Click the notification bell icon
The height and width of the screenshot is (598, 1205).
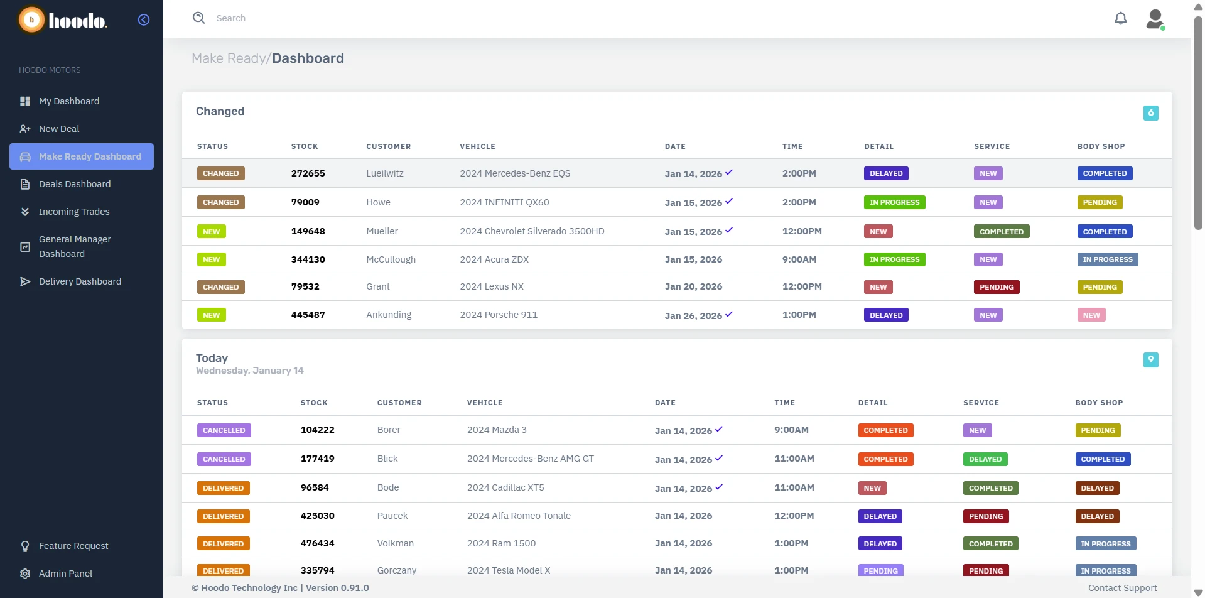(1120, 18)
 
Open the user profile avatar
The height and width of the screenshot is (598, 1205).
(1155, 19)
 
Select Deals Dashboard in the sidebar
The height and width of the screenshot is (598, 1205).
(74, 184)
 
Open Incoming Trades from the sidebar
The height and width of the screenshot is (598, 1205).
(73, 212)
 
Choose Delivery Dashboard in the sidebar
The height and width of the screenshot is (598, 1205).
(80, 281)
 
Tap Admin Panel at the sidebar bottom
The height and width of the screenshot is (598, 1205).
(65, 574)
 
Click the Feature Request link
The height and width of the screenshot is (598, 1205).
(73, 546)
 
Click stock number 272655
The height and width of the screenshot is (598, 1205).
(308, 173)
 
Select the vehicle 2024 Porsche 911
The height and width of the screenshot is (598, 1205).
(498, 315)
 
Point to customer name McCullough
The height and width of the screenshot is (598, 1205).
(391, 259)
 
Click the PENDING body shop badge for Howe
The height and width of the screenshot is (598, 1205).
(1100, 202)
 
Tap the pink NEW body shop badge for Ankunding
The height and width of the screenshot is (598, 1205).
(1091, 315)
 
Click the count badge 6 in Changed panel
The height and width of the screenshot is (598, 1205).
(1150, 113)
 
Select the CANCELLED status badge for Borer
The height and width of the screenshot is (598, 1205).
(224, 430)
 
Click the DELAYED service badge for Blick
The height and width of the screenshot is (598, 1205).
(985, 459)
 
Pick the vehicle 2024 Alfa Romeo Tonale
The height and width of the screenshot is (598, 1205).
(518, 516)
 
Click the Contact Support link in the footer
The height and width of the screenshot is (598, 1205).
(1122, 588)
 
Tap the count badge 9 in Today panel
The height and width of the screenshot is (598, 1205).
(1150, 360)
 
